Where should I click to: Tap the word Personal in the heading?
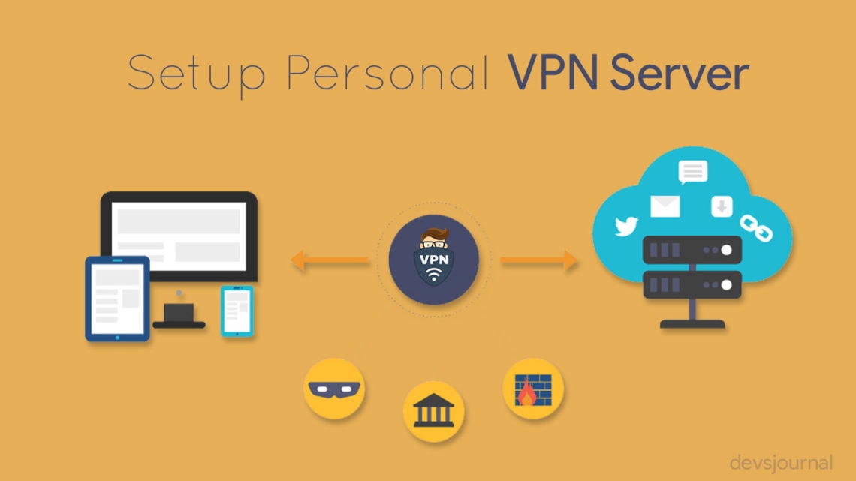point(387,72)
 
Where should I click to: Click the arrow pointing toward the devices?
point(330,260)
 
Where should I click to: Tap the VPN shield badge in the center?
point(434,260)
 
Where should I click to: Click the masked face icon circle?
point(334,389)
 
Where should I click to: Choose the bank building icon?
point(433,411)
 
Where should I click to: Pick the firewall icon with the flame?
point(533,389)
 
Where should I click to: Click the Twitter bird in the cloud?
point(626,226)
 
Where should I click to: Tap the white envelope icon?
point(665,206)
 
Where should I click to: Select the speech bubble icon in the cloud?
point(693,173)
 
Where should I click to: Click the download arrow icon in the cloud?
point(722,206)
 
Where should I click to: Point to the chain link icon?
point(756,228)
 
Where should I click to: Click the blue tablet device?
point(117,299)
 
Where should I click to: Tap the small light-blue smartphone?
point(237,311)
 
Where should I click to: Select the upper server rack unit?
point(692,250)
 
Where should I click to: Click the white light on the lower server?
point(726,284)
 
